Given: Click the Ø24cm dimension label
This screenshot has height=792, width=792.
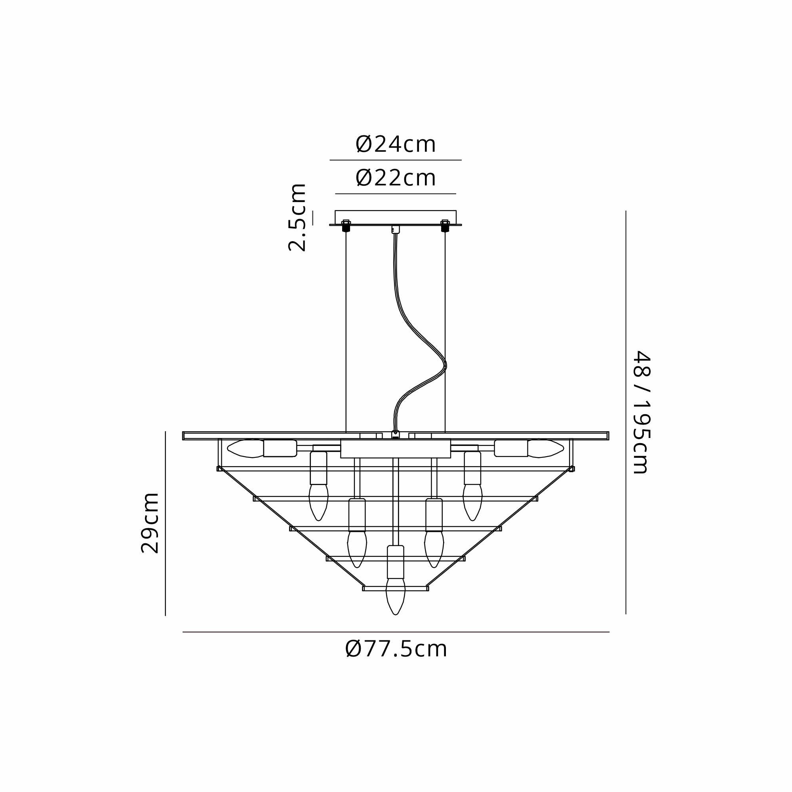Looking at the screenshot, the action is [x=396, y=144].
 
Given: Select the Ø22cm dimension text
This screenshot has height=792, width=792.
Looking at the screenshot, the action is [x=396, y=178].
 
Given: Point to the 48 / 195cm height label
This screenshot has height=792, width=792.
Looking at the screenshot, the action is [x=642, y=412].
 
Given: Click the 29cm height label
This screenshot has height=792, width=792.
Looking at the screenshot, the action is [x=150, y=523].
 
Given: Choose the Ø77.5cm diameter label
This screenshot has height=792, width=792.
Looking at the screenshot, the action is [x=396, y=649].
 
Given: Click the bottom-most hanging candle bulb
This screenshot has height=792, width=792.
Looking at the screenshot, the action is [x=396, y=596].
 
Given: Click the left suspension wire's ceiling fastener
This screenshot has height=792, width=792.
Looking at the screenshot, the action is [x=346, y=226].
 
